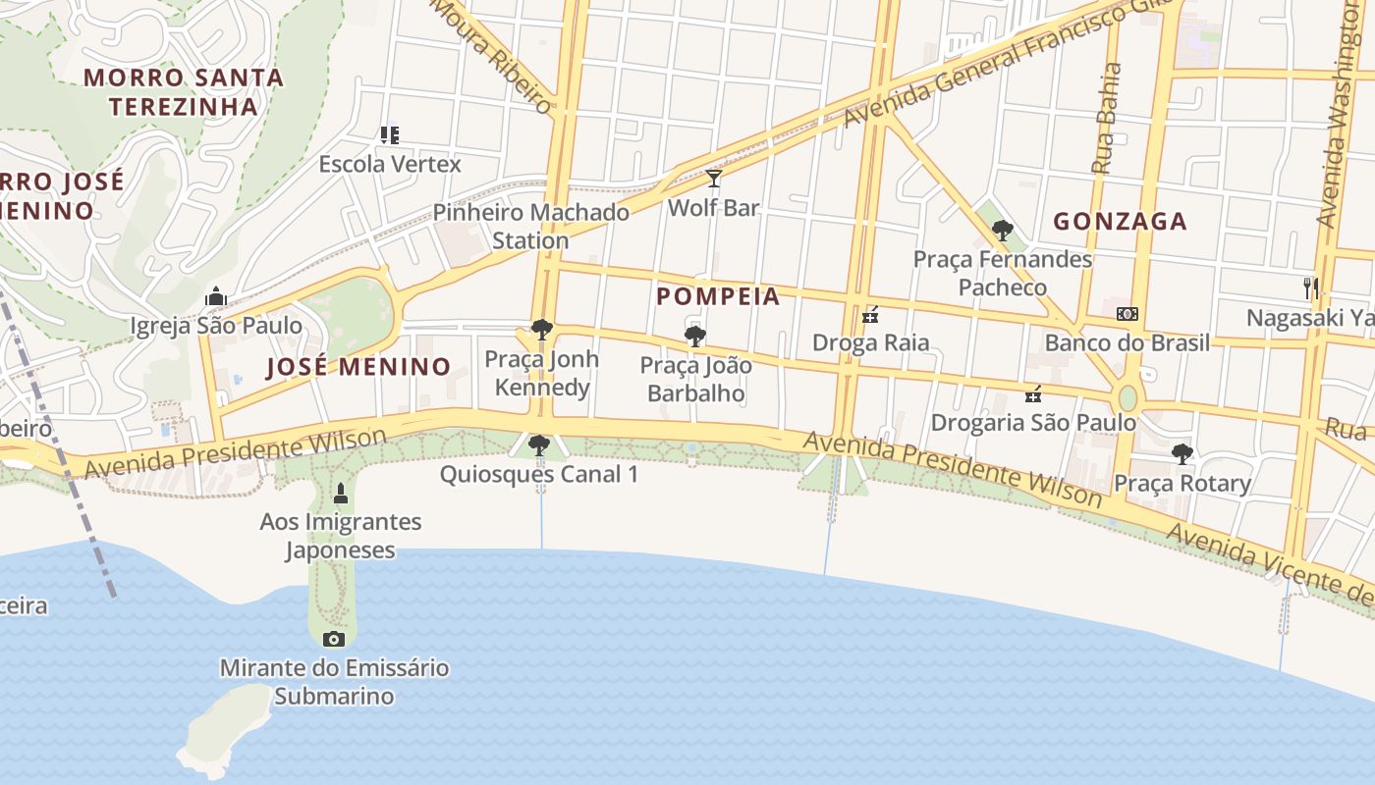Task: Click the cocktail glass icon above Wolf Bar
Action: (714, 179)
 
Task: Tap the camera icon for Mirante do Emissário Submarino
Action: (334, 640)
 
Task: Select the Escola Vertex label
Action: (390, 164)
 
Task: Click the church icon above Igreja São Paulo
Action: (216, 296)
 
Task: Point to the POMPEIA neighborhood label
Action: (718, 296)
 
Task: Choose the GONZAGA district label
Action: (1121, 222)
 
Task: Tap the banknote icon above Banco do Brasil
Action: (1127, 314)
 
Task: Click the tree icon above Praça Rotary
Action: (1182, 454)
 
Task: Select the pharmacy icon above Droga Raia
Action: (870, 315)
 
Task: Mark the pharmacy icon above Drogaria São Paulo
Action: (1033, 394)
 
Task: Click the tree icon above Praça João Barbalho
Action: (695, 337)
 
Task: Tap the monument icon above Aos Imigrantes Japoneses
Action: (341, 493)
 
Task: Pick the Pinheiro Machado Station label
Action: (531, 226)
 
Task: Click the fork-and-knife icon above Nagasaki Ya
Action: (1310, 288)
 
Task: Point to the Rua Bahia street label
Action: (1107, 119)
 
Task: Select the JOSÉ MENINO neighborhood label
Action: (358, 367)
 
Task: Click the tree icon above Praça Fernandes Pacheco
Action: (1003, 231)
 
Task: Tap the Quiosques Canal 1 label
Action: (539, 474)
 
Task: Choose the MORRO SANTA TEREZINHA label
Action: (184, 91)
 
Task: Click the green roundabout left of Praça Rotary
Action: (1127, 398)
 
